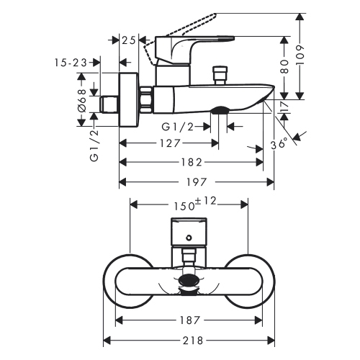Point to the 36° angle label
click(278, 144)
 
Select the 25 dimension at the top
click(129, 40)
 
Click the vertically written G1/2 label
click(93, 145)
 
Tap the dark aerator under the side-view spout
click(220, 109)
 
